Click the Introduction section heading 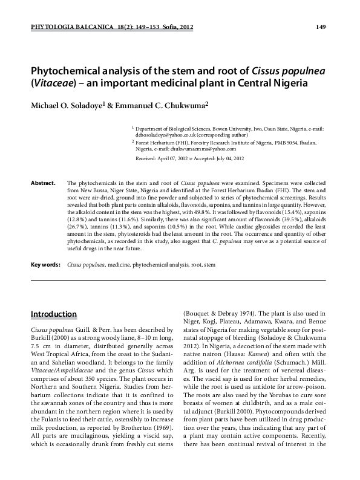pos(54,314)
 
